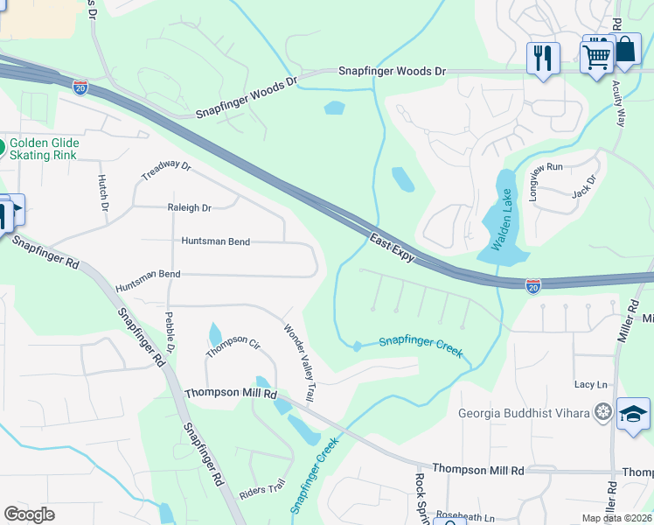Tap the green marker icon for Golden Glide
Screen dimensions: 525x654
3,146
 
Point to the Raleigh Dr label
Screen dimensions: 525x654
189,208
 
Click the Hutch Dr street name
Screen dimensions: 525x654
102,192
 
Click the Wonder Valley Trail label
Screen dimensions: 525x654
298,363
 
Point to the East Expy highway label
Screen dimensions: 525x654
390,244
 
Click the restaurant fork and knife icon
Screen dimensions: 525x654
543,59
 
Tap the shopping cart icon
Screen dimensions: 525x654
597,58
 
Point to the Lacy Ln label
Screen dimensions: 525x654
590,385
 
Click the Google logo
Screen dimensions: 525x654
30,514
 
